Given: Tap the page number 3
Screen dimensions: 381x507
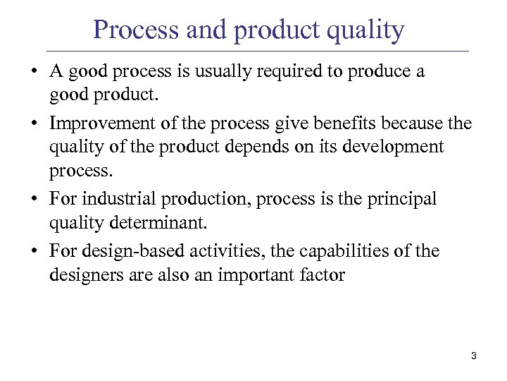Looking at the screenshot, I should click(474, 356).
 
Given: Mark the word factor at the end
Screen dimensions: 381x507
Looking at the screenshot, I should click(322, 274).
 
